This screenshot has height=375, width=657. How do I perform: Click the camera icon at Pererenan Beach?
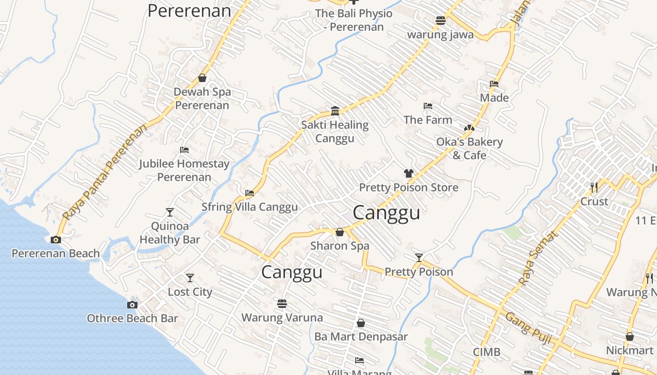point(56,240)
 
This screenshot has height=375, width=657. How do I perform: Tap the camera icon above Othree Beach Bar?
point(132,305)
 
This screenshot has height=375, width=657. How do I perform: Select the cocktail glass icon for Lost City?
point(190,278)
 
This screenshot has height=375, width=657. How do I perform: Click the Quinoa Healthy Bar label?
point(170,232)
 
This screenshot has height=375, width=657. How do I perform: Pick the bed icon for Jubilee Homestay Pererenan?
point(184,150)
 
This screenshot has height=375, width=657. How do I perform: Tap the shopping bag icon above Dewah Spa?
point(202,78)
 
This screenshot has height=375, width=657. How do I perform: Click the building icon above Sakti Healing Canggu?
point(335,111)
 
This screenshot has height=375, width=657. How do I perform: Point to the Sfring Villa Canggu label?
point(249,207)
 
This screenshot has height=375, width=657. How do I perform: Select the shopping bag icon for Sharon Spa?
point(340,232)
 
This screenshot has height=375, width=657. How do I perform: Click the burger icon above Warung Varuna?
point(282,304)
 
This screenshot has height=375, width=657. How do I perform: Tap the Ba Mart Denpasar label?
point(361,337)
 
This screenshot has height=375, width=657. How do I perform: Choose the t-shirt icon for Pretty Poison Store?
point(408,173)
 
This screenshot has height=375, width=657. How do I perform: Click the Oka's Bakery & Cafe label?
point(469,148)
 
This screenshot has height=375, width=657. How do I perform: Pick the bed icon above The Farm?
point(428,106)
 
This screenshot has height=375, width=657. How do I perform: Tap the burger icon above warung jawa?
point(440,21)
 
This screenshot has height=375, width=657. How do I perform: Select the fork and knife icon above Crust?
point(594,187)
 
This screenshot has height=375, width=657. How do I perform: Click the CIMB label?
point(486,352)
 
